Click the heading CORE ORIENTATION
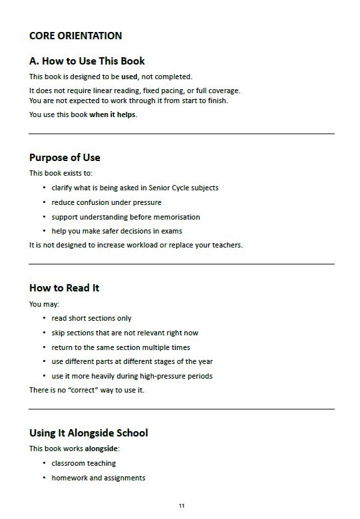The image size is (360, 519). [75, 36]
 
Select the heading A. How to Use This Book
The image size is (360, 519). [87, 61]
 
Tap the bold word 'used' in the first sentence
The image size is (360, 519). [129, 77]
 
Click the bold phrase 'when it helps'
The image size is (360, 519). [112, 114]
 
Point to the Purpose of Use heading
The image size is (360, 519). [65, 158]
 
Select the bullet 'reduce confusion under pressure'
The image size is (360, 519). [106, 202]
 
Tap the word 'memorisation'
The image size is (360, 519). [178, 217]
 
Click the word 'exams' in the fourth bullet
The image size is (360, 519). [171, 231]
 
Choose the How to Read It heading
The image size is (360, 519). [64, 288]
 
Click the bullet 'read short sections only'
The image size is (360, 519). [91, 318]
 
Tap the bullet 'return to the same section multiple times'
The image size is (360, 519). [120, 347]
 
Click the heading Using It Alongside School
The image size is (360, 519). [89, 433]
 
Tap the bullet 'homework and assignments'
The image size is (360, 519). [98, 478]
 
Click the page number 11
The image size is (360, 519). [181, 506]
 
